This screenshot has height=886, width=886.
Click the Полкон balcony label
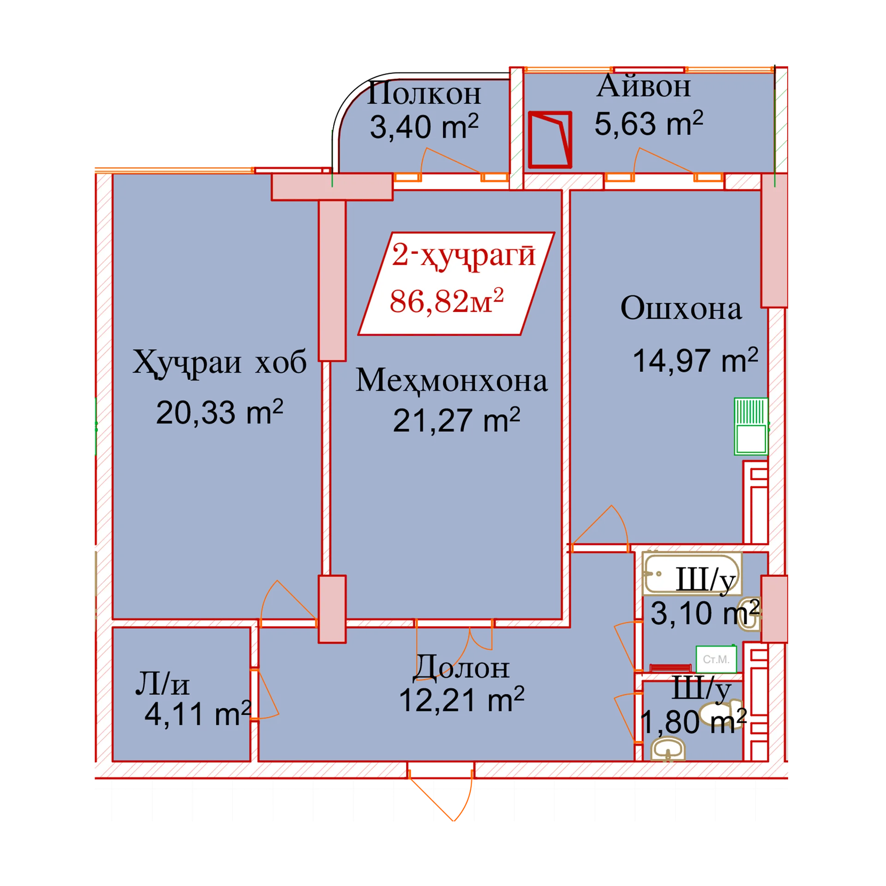point(424,94)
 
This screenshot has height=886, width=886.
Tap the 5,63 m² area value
point(648,123)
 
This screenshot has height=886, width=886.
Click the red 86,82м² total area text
point(446,301)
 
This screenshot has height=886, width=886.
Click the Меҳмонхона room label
point(451,381)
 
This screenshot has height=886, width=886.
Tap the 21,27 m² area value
point(456,420)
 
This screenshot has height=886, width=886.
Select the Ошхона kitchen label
point(681,308)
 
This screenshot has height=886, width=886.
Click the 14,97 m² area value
point(695,360)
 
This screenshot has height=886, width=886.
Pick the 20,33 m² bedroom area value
point(219,412)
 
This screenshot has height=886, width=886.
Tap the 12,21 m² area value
point(461,700)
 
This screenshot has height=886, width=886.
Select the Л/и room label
point(162,684)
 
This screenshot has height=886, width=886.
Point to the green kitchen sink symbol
point(751,426)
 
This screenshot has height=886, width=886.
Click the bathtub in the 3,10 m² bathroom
point(692,574)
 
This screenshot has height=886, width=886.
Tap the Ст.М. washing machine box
point(716,659)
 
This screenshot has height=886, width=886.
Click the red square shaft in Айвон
point(550,139)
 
